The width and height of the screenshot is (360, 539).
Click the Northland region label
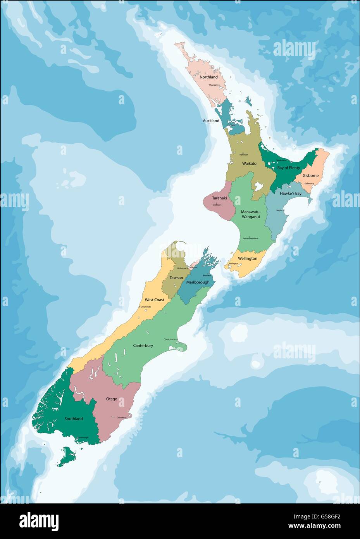click(x=208, y=77)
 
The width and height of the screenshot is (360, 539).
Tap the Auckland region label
click(x=211, y=121)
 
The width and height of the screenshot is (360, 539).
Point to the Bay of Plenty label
click(x=289, y=168)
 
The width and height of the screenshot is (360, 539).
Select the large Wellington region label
click(x=248, y=258)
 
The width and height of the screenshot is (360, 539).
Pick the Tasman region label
click(x=176, y=278)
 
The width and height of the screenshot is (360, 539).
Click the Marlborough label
click(x=198, y=282)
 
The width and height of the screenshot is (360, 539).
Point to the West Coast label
click(x=154, y=300)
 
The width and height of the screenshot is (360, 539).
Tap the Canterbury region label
click(x=143, y=345)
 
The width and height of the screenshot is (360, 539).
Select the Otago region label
click(x=112, y=399)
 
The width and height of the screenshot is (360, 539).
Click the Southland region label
click(x=74, y=419)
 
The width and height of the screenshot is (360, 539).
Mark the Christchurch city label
click(x=170, y=339)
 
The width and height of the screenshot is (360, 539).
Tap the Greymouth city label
click(x=146, y=307)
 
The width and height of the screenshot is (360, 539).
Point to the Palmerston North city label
click(x=250, y=238)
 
